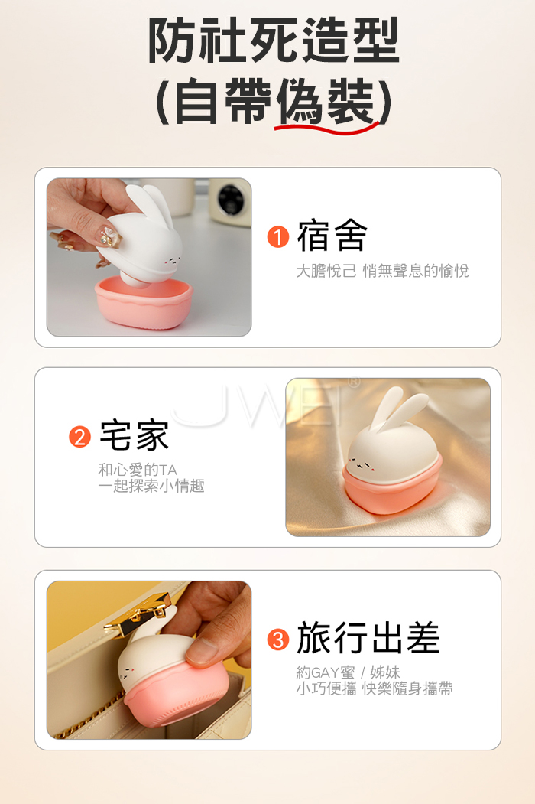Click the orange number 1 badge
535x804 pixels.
point(278,237)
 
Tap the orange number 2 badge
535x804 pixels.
point(79,437)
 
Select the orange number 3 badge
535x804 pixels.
point(278,640)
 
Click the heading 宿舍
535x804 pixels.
point(332,236)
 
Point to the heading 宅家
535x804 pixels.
point(134,435)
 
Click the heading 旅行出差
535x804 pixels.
point(368,637)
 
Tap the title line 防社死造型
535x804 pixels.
point(274,41)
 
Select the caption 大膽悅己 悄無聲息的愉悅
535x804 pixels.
point(382,271)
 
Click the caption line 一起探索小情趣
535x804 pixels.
point(151,486)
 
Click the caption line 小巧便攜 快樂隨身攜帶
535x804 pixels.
point(374,688)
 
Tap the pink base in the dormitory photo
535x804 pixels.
point(144,302)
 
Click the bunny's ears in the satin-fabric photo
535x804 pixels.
point(400,407)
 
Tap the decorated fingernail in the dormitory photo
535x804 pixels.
point(109,237)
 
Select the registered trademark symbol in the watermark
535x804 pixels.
point(354,382)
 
